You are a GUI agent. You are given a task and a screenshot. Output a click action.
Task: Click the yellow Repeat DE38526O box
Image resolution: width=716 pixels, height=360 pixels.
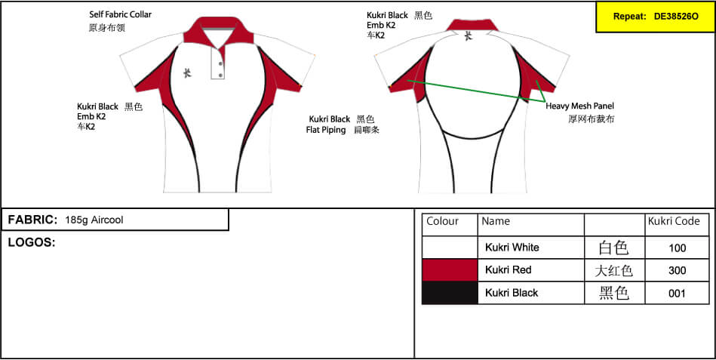click(656, 17)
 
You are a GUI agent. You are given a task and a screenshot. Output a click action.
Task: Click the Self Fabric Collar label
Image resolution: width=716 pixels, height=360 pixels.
click(121, 14)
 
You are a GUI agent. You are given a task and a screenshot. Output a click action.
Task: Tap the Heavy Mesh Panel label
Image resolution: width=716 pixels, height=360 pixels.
click(580, 106)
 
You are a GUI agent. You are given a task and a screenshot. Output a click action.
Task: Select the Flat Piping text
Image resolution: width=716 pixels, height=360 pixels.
click(326, 131)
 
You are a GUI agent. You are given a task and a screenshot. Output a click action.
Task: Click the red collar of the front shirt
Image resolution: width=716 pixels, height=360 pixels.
click(217, 32)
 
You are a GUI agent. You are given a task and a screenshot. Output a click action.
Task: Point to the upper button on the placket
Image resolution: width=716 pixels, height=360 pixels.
click(221, 63)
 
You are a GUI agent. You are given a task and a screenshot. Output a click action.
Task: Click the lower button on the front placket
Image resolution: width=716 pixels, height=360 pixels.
click(221, 75)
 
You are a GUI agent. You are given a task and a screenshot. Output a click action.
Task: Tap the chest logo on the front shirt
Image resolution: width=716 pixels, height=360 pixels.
click(187, 73)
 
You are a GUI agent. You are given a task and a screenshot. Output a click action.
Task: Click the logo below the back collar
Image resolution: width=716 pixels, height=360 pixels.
click(468, 36)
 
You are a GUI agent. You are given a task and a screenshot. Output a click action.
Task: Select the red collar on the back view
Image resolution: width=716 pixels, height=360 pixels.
click(472, 25)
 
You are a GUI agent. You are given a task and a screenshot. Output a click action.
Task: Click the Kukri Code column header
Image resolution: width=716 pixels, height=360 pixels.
click(674, 222)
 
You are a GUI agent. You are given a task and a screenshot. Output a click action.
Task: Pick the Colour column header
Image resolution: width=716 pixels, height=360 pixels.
click(442, 222)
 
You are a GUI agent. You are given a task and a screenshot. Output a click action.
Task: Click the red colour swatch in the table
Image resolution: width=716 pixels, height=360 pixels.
click(450, 270)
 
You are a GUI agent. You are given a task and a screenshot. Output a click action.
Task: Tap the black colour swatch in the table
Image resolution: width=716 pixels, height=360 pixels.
click(450, 293)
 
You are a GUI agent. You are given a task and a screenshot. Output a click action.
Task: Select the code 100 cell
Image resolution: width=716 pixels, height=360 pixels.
click(678, 248)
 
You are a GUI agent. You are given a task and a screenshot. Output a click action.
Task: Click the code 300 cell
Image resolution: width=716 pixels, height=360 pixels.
click(678, 270)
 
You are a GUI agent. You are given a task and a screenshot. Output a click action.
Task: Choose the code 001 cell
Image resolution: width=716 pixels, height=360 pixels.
click(678, 294)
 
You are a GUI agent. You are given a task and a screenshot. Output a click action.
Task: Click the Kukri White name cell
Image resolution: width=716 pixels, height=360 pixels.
click(512, 248)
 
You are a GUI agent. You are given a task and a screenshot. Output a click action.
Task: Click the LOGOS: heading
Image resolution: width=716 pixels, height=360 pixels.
click(32, 242)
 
